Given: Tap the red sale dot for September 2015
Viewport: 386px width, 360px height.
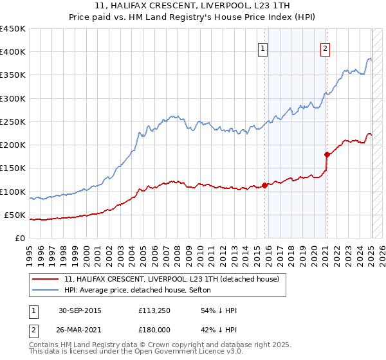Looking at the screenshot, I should tap(264, 185).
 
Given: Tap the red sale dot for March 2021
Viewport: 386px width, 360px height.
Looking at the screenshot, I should tap(327, 154).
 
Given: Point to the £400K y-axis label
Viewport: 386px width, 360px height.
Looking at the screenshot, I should tap(13, 52).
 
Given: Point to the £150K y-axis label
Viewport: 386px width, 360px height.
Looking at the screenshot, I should tap(13, 168).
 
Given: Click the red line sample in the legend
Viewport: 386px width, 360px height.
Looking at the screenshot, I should tap(46, 279).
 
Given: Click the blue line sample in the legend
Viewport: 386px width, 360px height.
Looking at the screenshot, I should tap(46, 290).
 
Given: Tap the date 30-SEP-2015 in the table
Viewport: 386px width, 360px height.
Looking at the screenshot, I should tap(80, 310).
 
